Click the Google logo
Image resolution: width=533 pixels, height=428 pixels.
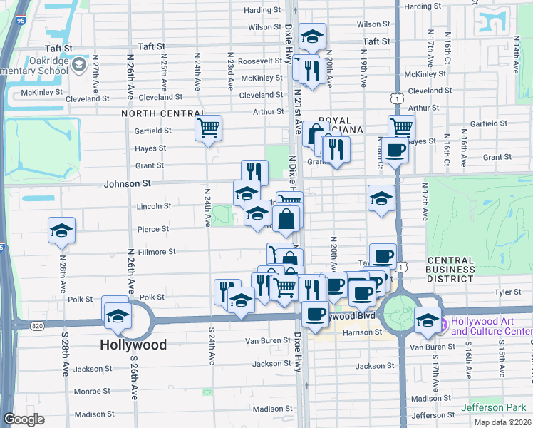[x=24, y=419]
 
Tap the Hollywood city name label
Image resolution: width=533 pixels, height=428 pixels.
[x=133, y=345]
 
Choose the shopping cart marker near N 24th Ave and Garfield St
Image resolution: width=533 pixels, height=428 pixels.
[x=209, y=128]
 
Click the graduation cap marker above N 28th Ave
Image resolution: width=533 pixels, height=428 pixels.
[x=62, y=230]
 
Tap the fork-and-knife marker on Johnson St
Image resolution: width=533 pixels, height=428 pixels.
[x=254, y=172]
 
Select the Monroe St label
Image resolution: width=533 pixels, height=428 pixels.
[x=93, y=392]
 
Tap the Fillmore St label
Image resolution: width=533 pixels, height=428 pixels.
[x=157, y=252]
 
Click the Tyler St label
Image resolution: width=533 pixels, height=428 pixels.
[x=508, y=292]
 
